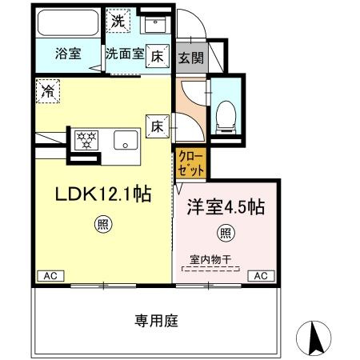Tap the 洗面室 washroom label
coord(124,54)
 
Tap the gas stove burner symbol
coord(85,140)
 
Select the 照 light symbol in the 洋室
coord(226,234)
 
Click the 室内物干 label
coord(211,258)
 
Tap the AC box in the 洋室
coord(259,275)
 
